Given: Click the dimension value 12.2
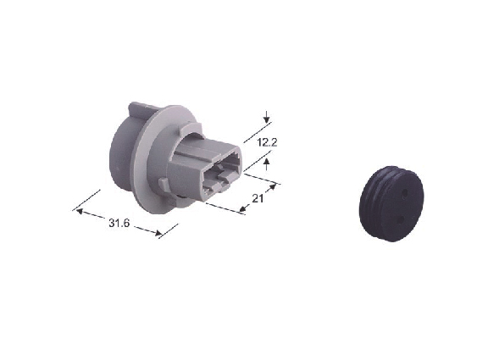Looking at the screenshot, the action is click(268, 142).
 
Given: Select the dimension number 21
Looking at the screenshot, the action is click(258, 198).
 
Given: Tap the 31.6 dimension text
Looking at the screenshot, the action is click(119, 223).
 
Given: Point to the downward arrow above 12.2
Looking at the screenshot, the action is click(266, 118).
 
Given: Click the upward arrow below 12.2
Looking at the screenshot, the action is click(266, 164).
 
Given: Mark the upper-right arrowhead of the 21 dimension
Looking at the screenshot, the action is click(272, 187).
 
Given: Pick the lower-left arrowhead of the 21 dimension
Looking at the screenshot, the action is click(244, 208).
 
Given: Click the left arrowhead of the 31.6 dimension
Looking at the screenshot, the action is click(80, 212).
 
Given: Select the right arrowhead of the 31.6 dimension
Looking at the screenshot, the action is click(158, 233).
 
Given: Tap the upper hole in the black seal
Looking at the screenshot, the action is click(405, 193).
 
